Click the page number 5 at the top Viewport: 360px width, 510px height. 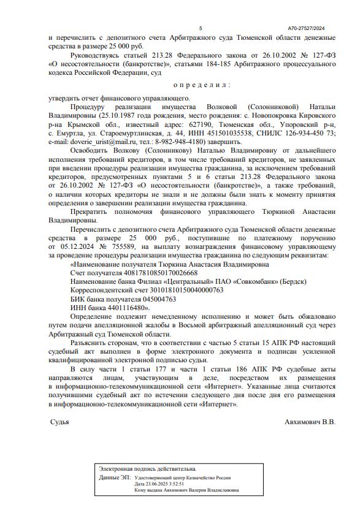[x=201, y=28]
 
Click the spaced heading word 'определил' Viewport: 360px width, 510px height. [x=201, y=85]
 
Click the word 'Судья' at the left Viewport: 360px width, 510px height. [x=59, y=422]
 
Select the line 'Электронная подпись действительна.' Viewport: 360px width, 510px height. [x=148, y=468]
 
